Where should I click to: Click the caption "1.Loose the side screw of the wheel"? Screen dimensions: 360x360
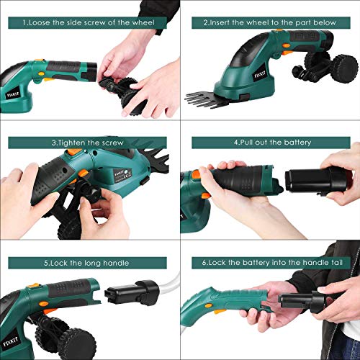89,23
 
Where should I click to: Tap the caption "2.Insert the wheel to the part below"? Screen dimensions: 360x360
269,23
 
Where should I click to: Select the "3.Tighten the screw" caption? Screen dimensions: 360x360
87,143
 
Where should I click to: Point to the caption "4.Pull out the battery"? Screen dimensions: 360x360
272,143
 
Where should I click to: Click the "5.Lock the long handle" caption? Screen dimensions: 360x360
86,263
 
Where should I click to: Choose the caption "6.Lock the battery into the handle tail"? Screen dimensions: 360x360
272,263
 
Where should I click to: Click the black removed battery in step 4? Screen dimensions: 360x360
316,180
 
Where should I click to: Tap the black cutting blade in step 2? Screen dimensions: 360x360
207,99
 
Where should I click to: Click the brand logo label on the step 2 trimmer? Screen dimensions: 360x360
260,75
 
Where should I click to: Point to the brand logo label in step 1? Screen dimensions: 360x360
13,95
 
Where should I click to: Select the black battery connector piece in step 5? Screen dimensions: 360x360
132,293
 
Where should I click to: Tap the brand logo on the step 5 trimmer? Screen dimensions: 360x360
10,342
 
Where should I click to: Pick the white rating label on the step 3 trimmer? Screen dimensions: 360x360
122,174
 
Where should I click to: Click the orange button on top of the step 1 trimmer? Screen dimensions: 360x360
40,60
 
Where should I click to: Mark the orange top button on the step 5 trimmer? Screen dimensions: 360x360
34,286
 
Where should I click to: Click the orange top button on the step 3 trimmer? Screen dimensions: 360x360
74,151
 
